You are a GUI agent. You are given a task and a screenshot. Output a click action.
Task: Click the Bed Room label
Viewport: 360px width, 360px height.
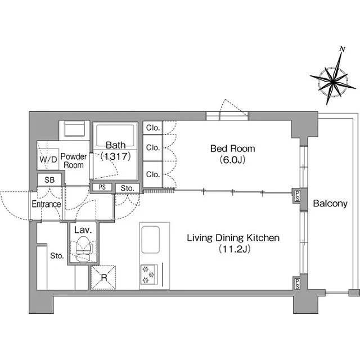click(x=232, y=148)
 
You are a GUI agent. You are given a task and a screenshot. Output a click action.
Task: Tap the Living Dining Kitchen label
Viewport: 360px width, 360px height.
click(x=233, y=238)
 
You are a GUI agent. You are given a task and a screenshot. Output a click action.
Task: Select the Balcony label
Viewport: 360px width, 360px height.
click(x=330, y=204)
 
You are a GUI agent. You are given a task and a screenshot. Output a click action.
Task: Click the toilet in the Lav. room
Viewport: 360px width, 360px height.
click(x=84, y=249)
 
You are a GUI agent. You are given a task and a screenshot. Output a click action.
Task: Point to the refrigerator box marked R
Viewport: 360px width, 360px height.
click(x=103, y=277)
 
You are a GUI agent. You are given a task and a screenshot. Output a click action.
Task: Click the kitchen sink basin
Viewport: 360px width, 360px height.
click(x=150, y=240)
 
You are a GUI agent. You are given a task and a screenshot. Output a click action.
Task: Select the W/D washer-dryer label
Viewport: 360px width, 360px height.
click(x=48, y=159)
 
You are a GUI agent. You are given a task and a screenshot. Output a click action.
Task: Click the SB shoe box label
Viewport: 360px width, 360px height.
click(x=49, y=180)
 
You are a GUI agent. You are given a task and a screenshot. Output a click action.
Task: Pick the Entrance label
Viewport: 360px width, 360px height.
click(x=46, y=204)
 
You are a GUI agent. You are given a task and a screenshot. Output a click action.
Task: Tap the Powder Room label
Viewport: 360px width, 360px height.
click(x=74, y=161)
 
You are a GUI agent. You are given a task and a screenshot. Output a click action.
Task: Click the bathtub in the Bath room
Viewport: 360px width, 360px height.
click(x=115, y=135)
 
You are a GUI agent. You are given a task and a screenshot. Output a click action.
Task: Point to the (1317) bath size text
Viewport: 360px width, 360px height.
click(x=115, y=156)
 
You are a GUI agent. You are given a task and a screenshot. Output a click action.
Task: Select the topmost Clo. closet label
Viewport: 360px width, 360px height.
click(x=153, y=128)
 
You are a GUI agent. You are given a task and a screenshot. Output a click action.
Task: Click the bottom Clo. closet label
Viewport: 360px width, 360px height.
click(x=153, y=174)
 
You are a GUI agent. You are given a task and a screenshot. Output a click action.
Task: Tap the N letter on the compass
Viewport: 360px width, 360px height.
click(x=343, y=49)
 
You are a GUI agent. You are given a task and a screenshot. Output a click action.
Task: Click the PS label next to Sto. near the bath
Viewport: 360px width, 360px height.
click(x=102, y=187)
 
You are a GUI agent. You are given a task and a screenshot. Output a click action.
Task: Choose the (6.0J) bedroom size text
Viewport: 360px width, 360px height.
click(x=232, y=159)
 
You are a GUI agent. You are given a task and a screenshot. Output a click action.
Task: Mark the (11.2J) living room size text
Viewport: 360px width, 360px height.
click(x=234, y=249)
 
